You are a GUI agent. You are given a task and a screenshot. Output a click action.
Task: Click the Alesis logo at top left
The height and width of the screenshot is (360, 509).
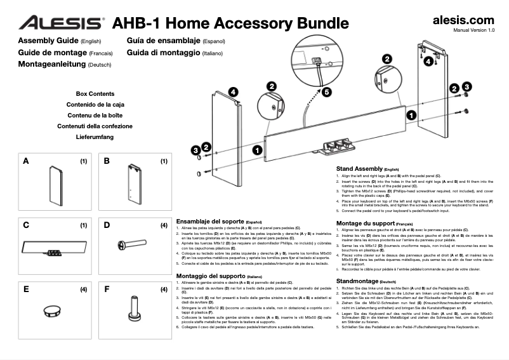60,23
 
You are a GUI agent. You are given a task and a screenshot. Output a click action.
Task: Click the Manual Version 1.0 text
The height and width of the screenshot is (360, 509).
473,30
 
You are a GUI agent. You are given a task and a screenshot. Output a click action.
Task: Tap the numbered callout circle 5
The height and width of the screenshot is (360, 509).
327,92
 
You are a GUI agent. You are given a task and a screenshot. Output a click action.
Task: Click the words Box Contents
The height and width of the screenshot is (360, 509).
95,93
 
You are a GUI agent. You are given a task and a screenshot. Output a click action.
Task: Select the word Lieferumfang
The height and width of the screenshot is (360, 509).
95,137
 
